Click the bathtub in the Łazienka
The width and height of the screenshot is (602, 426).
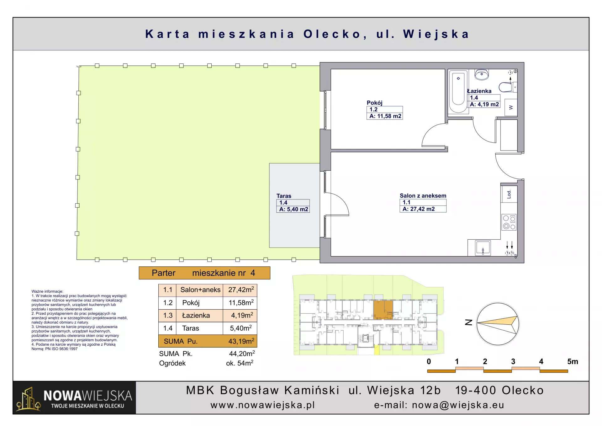coord(458,91)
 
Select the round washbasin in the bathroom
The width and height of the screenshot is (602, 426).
coord(482,75)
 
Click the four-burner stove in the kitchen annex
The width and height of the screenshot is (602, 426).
coord(509,222)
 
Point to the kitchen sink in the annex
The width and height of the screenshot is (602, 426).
coord(483,248)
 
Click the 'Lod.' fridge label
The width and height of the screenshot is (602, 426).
coord(509,194)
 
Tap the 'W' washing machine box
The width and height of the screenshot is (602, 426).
coord(511,108)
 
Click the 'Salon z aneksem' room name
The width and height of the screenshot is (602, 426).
coord(423,196)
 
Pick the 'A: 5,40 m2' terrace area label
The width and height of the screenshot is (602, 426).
coord(293,209)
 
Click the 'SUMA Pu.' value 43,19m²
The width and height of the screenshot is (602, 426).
coord(241,341)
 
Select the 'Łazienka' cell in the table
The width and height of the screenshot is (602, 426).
coord(196,315)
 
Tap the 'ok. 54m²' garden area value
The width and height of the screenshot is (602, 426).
coord(240,363)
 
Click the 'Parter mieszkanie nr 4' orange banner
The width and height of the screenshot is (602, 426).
coord(204,273)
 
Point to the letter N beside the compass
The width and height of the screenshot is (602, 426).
coord(468,322)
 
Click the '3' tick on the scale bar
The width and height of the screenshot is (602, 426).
coord(513,361)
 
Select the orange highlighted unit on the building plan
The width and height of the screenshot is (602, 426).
coord(383,310)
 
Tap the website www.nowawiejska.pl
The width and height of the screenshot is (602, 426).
coord(263,405)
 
